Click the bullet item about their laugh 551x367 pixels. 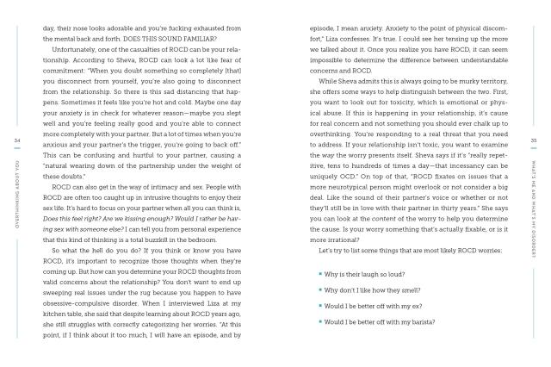pos(365,273)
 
